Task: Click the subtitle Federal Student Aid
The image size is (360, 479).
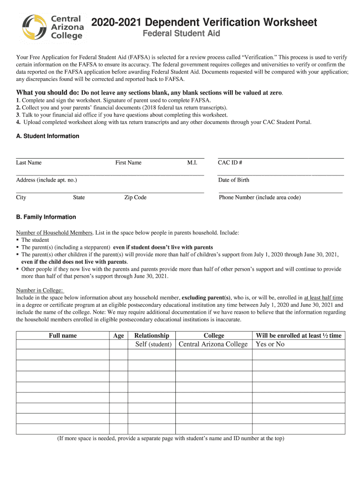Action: point(181,34)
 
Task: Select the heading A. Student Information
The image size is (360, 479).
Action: point(48,136)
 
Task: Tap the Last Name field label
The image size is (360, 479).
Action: point(29,163)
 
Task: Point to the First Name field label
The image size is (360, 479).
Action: point(128,163)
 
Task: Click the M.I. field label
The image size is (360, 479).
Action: point(192,163)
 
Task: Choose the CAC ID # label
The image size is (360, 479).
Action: point(230,163)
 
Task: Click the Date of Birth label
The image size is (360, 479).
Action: point(233,180)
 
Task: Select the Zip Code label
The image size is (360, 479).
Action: point(135,197)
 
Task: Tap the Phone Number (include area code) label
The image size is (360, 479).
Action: point(259,197)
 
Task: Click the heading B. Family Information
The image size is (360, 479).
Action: point(46,217)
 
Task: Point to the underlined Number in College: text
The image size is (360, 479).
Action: point(40,290)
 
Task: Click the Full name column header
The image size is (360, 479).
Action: point(63,335)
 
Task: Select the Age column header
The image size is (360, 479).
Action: point(118,335)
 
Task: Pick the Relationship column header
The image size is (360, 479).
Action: point(151,335)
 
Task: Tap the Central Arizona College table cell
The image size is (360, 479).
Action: point(213,344)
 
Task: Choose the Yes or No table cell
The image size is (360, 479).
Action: point(270,344)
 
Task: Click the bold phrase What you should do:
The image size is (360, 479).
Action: point(48,93)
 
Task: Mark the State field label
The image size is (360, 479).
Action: point(79,197)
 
